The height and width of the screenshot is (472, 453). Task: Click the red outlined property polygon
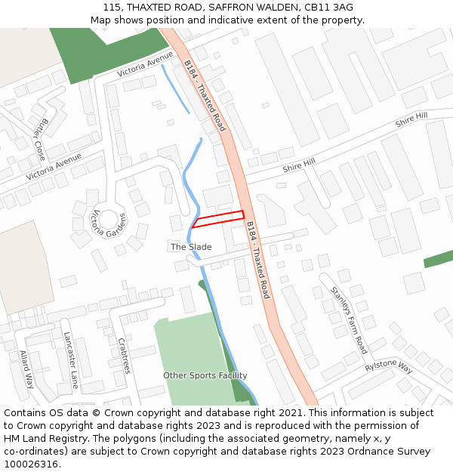tap(218, 219)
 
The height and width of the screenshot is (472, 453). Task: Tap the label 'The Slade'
tap(191, 247)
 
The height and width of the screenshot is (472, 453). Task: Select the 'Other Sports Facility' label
tap(205, 375)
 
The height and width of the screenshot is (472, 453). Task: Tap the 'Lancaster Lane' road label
tap(71, 359)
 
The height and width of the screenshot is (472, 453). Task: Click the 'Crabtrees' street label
tap(123, 355)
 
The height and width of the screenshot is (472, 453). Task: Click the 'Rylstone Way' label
tap(389, 367)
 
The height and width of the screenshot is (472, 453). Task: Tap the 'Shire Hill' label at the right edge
tap(411, 119)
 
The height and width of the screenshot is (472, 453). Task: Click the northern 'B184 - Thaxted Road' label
tap(204, 96)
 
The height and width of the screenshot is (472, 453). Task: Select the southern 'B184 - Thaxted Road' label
tap(257, 259)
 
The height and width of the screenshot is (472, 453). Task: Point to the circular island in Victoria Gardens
tap(109, 221)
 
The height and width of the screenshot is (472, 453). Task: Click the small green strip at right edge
tap(438, 259)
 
